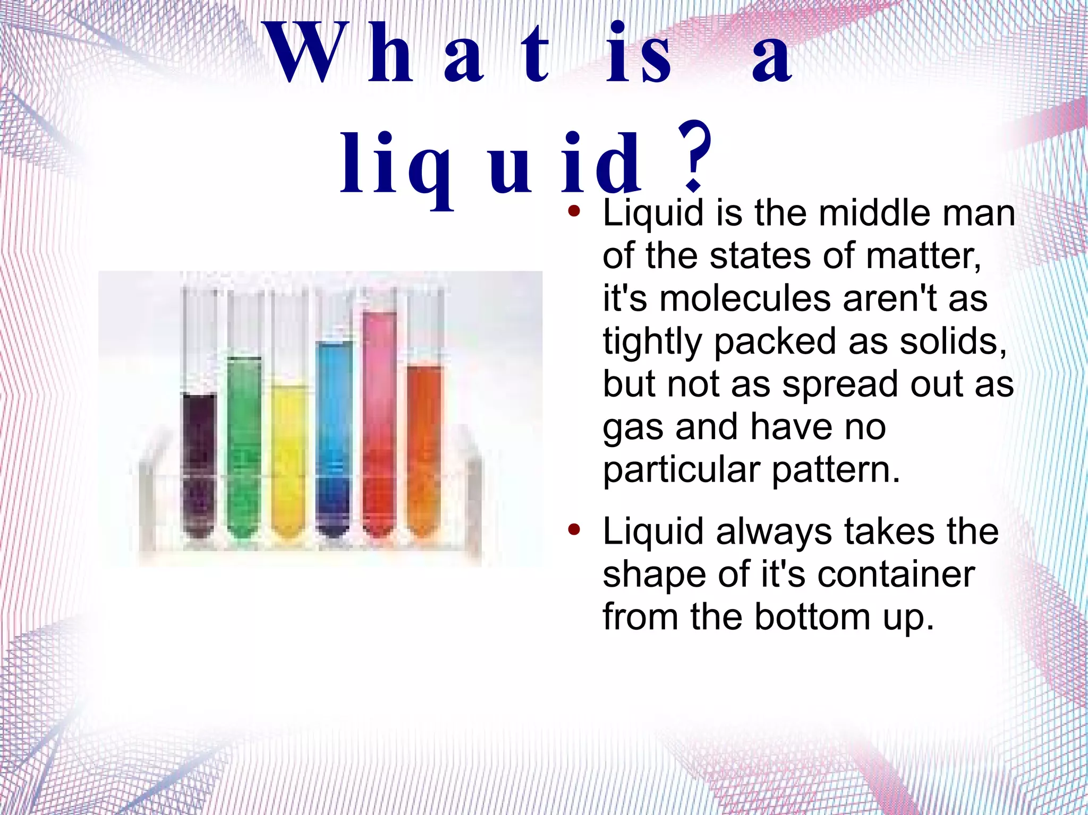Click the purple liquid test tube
(199, 462)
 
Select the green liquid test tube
(244, 446)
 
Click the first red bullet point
(573, 211)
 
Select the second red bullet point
(573, 529)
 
